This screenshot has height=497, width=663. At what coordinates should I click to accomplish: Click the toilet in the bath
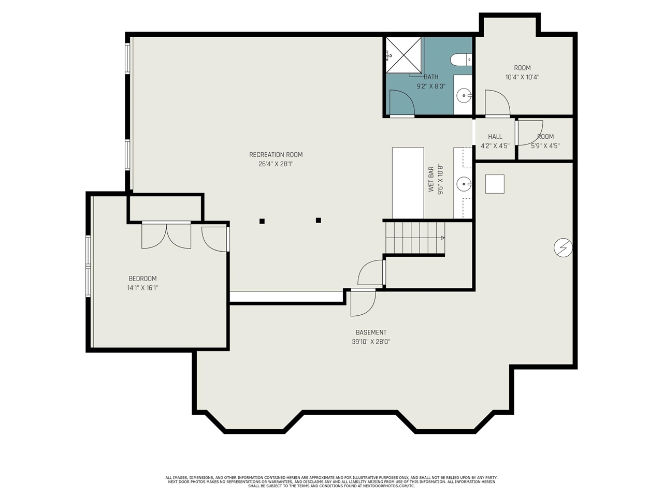460,60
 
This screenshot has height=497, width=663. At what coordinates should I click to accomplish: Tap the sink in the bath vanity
464,96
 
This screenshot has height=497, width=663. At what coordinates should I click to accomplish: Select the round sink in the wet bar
464,184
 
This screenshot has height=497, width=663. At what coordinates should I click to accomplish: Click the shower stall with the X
403,55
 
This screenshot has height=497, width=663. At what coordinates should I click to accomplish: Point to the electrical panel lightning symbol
563,248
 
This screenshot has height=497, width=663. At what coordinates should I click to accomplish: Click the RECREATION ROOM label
276,155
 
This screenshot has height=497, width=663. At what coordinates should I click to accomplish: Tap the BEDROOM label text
142,279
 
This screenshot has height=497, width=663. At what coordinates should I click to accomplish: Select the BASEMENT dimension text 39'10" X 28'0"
371,342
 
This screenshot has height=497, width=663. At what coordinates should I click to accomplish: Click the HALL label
495,137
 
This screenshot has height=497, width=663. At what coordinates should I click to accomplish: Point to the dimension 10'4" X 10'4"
522,77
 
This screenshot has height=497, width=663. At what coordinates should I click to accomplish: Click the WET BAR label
431,179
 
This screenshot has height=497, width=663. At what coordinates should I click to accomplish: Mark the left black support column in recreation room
262,221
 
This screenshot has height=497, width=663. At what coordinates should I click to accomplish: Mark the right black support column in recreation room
319,221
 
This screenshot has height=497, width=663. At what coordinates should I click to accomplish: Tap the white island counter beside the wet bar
408,183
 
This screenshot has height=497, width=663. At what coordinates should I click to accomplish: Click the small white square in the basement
495,184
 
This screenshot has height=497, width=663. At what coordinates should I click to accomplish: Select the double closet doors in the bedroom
166,236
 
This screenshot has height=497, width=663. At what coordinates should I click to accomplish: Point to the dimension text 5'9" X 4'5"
545,146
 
